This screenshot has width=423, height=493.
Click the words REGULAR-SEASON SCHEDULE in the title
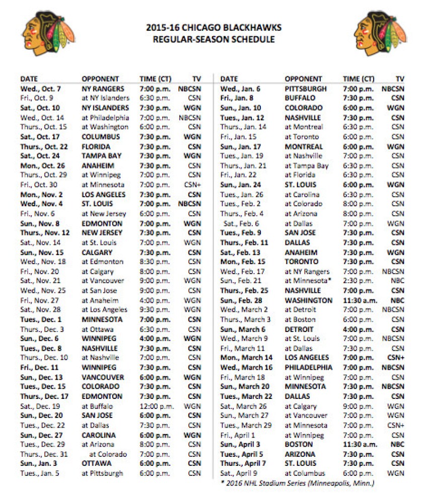pos(214,39)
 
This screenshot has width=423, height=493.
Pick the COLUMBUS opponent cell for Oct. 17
pos(101,136)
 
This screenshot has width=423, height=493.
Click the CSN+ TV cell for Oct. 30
pos(193,185)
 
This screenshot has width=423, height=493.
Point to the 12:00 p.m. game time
pos(155,406)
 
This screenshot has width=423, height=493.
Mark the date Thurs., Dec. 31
pos(43,454)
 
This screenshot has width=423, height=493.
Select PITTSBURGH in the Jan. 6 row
pos(305,89)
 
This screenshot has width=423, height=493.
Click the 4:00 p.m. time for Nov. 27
pos(155,300)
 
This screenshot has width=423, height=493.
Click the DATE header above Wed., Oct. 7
pos(29,79)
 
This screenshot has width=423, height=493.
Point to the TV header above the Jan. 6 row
pos(400,79)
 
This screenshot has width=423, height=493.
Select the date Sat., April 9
pos(241,473)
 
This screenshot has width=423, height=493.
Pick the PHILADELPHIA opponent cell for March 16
pos(309,367)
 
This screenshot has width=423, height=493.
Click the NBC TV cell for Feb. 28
pos(398,300)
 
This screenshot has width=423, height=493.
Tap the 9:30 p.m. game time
pos(155,310)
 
